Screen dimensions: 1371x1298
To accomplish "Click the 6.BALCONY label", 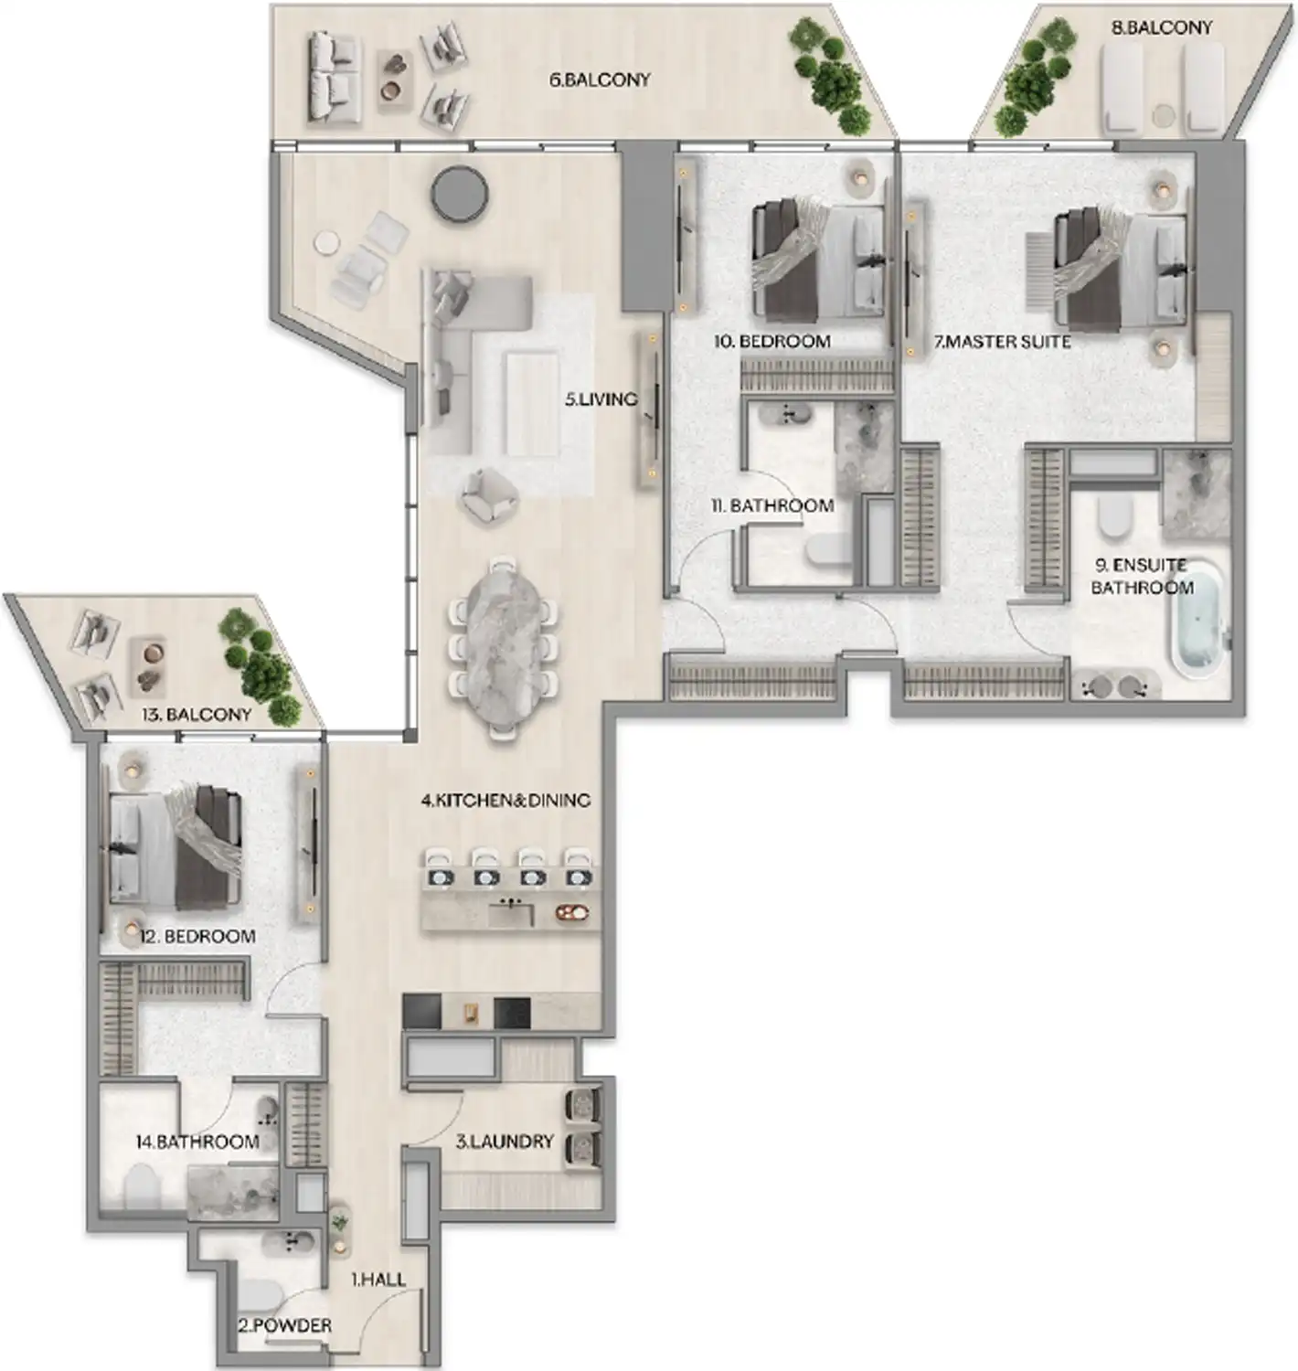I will (x=600, y=80).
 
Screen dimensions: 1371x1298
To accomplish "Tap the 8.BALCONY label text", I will (x=1161, y=27).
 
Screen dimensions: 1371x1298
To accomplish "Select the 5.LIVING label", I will (x=601, y=399).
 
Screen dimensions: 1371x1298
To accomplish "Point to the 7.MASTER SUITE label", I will (x=1002, y=341).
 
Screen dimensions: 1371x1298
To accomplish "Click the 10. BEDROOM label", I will (x=772, y=341).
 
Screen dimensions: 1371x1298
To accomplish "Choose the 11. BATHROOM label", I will (x=772, y=505).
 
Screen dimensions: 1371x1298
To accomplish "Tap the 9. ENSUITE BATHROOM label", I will (x=1142, y=576).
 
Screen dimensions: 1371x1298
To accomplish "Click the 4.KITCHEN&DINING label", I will (x=505, y=800).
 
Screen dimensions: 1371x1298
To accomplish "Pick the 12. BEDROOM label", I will (x=197, y=936).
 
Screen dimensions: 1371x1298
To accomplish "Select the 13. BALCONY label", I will (x=196, y=714).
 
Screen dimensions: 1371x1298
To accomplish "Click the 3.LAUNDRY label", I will (x=505, y=1141).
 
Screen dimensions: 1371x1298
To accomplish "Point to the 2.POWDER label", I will (x=284, y=1324).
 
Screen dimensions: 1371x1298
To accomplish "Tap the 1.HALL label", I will (x=378, y=1279).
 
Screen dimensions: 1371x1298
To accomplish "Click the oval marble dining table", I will (x=502, y=644).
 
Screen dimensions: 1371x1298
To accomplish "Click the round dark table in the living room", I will (x=460, y=193).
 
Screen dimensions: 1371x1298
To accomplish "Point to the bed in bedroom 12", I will (x=176, y=846).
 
